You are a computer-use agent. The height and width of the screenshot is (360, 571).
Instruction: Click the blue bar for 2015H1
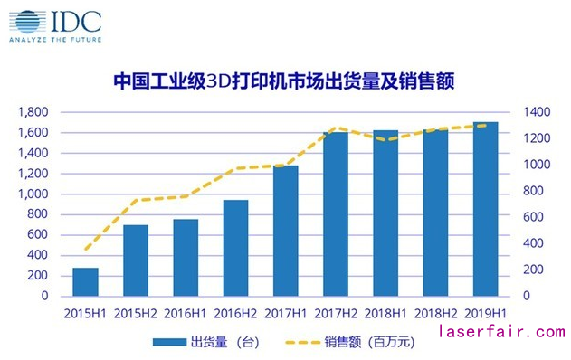pos(85,281)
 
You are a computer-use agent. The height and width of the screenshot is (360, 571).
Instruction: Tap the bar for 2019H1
pos(486,209)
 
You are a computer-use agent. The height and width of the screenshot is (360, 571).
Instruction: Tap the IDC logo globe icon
pos(25,20)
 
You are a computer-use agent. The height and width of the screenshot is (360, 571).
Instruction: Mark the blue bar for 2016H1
pos(186,258)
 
